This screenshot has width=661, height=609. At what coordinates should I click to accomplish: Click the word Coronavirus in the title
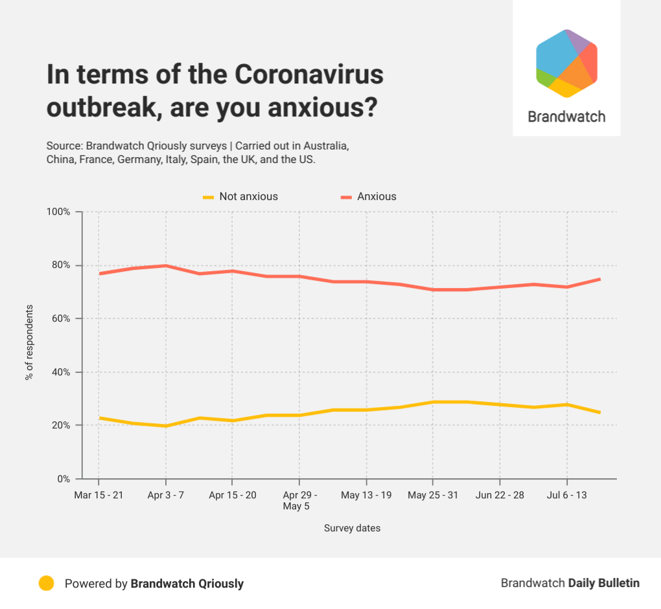[x=308, y=75]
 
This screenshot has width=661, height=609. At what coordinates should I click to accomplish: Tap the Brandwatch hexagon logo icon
[x=566, y=63]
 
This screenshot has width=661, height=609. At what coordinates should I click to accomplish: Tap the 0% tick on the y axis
[x=63, y=479]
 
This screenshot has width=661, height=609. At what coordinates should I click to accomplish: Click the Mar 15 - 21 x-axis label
[x=99, y=495]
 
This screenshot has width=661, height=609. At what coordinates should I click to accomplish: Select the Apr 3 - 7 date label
[x=166, y=495]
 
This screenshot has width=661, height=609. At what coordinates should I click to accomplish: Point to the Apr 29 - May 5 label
[x=299, y=500]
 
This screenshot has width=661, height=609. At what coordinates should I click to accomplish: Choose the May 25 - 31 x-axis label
[x=433, y=495]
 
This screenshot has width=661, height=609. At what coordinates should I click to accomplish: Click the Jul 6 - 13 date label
[x=567, y=495]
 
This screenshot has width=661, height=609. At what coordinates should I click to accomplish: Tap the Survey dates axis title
[x=352, y=528]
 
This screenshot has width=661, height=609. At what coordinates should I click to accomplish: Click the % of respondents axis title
[x=29, y=342]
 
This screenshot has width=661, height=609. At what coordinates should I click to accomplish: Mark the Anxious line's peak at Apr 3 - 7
[x=166, y=265]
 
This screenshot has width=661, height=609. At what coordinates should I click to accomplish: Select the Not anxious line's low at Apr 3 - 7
[x=166, y=426]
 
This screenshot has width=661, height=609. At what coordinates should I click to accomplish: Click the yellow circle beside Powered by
[x=46, y=583]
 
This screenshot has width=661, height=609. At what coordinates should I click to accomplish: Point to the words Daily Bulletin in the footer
[x=604, y=583]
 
